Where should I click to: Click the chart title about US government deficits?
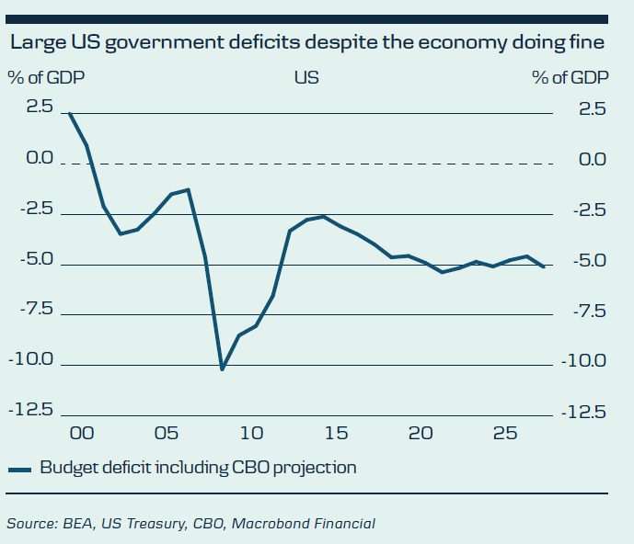tap(307, 42)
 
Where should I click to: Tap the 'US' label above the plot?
tap(306, 77)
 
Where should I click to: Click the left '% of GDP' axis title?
tap(46, 77)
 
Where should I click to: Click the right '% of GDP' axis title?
tap(571, 77)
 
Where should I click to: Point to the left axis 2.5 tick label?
tap(40, 108)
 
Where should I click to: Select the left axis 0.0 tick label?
tap(40, 159)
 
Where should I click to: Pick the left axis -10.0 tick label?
tap(33, 359)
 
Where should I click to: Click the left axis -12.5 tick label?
tap(33, 410)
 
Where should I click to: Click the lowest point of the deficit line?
tap(222, 369)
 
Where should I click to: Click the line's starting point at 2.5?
tap(70, 113)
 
